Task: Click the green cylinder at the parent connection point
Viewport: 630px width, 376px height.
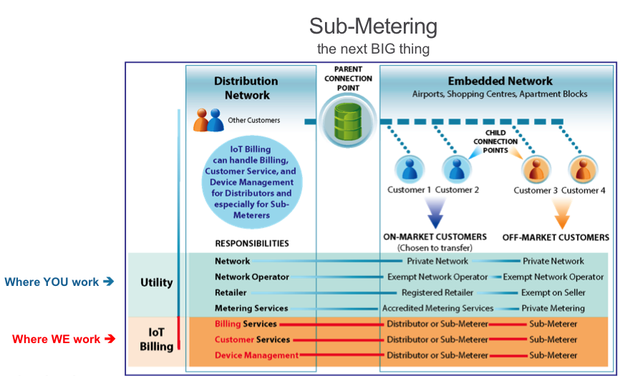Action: (x=348, y=121)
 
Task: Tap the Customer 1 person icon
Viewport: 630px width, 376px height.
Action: (x=409, y=169)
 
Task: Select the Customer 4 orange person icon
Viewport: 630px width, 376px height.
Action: (x=583, y=169)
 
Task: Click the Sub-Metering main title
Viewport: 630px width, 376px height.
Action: (x=373, y=26)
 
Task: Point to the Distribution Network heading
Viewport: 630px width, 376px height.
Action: (x=246, y=88)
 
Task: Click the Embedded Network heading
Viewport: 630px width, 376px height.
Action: (x=500, y=81)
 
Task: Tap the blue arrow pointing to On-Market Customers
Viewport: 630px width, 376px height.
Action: (x=435, y=214)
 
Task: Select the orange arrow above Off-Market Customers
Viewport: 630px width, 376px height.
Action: (x=562, y=214)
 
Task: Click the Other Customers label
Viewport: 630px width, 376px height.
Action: (x=254, y=120)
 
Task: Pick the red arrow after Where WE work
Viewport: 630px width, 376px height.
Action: (x=110, y=339)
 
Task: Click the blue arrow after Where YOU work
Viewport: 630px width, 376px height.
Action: (x=109, y=282)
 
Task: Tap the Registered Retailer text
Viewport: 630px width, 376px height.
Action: (x=437, y=292)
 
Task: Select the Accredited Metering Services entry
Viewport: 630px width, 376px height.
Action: (x=437, y=308)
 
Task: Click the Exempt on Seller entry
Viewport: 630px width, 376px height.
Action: (x=553, y=292)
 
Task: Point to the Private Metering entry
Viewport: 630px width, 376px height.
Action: (x=553, y=308)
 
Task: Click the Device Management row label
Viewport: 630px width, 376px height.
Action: (x=257, y=355)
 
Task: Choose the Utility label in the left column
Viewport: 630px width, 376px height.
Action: (x=157, y=282)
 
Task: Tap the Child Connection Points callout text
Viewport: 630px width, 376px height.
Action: (x=495, y=142)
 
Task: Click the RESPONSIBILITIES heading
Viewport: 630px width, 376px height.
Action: (x=252, y=244)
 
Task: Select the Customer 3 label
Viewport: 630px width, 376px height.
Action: (x=535, y=190)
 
